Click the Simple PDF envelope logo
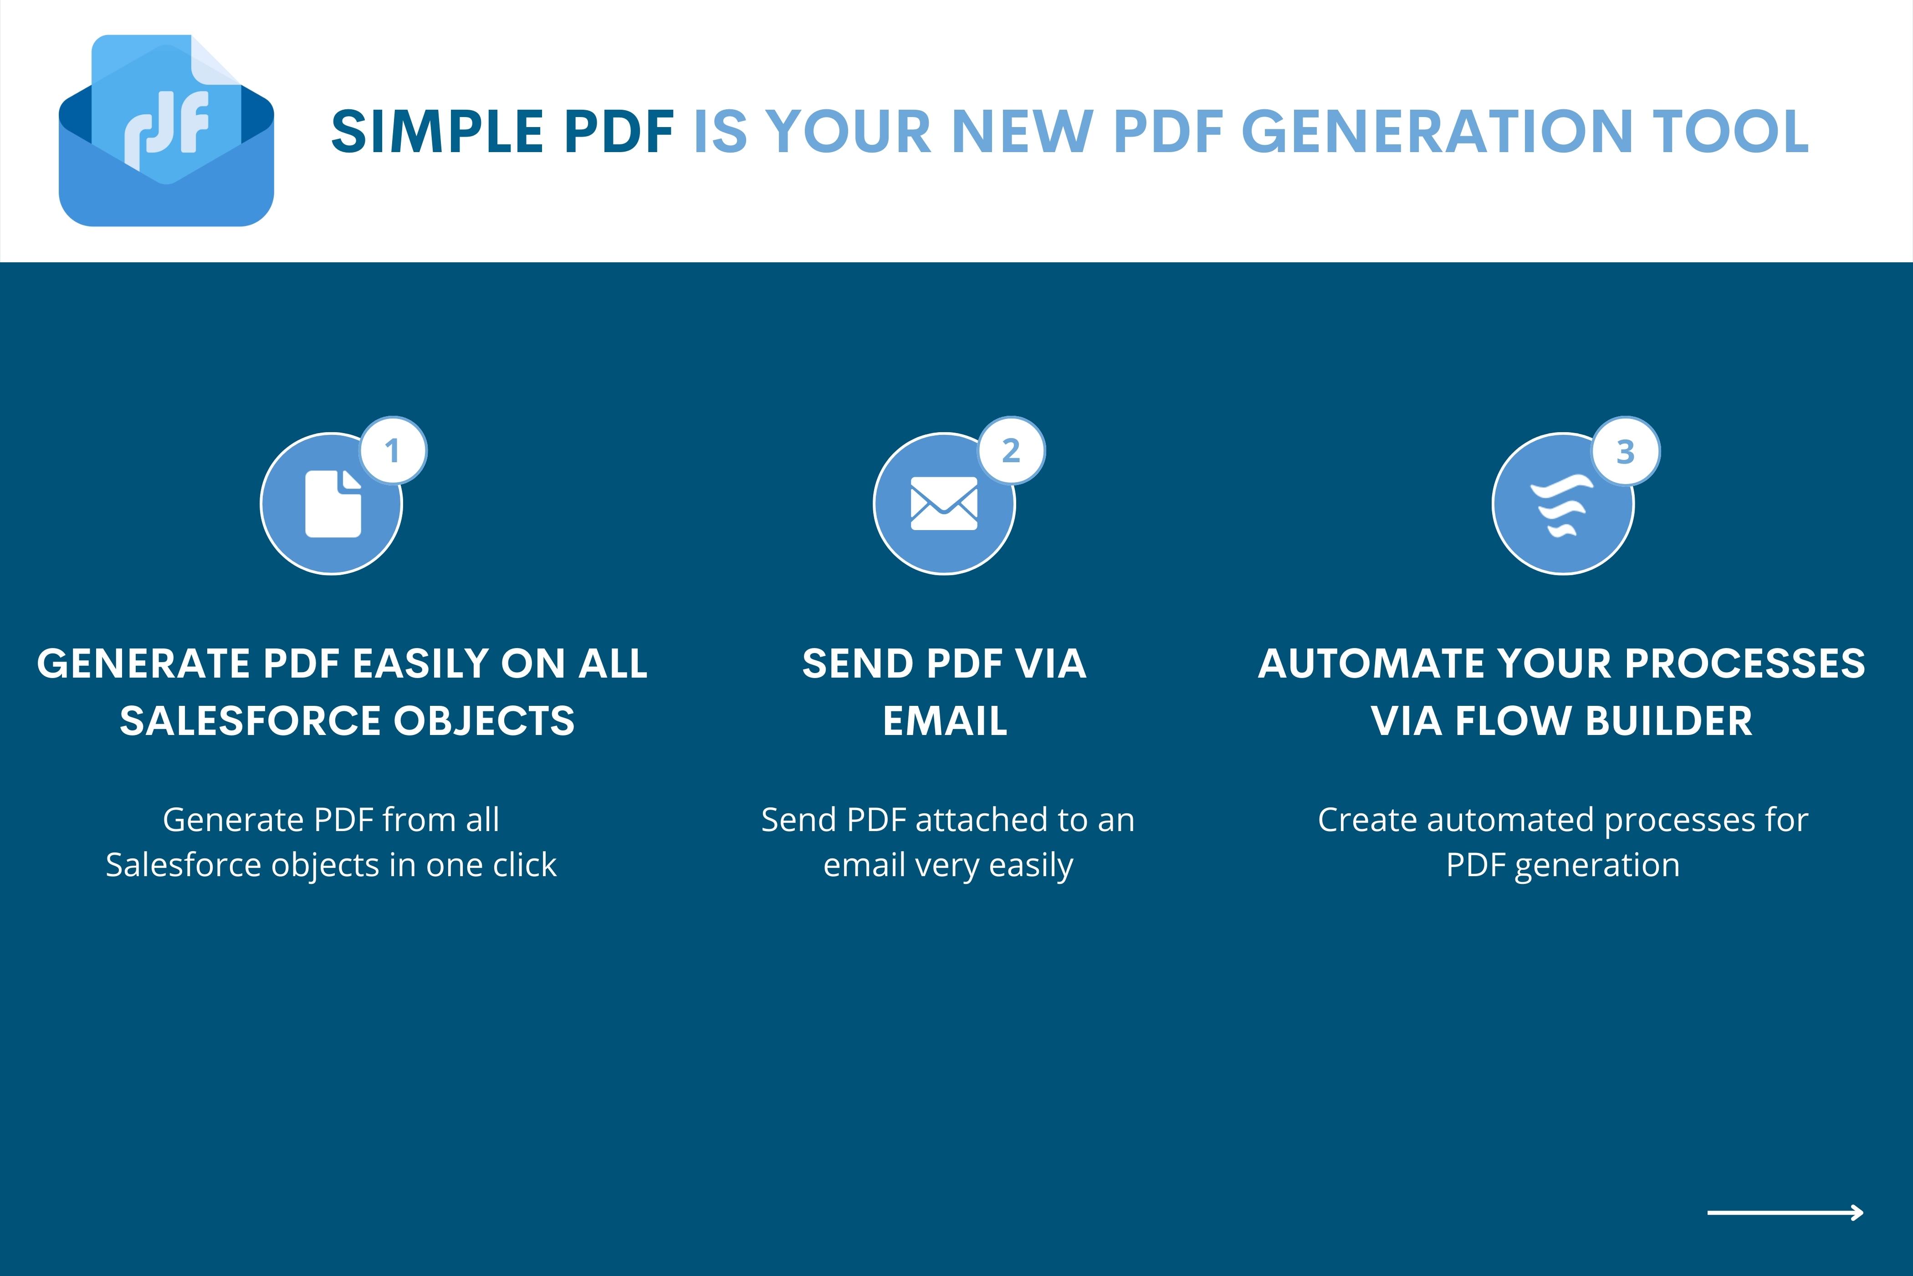(x=166, y=130)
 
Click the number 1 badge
(x=393, y=451)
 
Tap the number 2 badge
(x=1012, y=451)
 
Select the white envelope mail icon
(x=944, y=504)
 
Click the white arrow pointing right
(x=1785, y=1213)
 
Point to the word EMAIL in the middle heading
(x=945, y=721)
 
